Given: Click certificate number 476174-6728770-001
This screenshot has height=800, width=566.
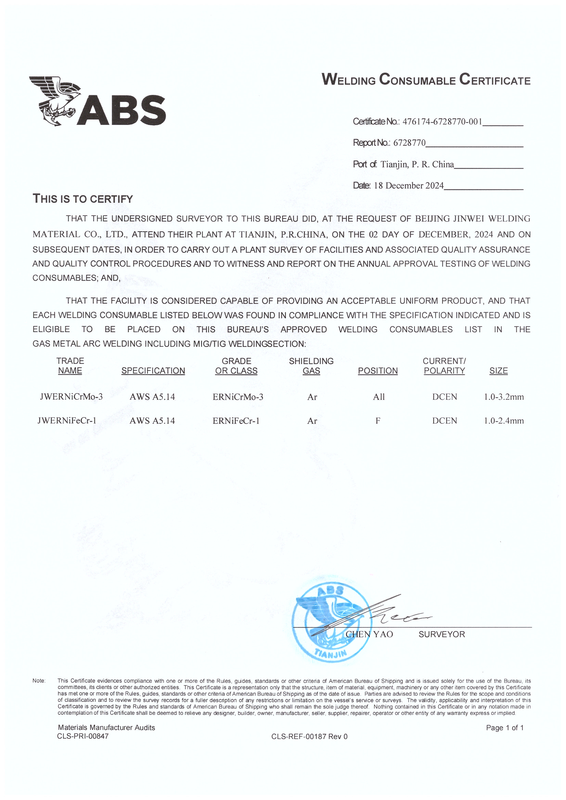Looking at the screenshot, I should click(x=442, y=121).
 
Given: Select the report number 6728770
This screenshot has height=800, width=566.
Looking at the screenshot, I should click(x=410, y=143).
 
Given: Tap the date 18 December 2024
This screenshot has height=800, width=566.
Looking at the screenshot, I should click(x=409, y=185).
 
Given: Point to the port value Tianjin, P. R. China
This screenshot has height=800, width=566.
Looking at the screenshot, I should click(x=417, y=164).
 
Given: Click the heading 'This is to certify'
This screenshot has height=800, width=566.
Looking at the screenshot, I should click(x=82, y=198).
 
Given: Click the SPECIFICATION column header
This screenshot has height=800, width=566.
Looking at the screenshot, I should click(x=153, y=371).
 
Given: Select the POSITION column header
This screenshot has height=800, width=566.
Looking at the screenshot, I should click(x=377, y=371).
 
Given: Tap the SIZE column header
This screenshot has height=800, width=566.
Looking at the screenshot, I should click(x=498, y=371).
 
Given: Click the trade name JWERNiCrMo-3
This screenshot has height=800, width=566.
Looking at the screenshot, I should click(x=71, y=397).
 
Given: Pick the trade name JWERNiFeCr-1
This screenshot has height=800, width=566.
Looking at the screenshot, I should click(x=67, y=421).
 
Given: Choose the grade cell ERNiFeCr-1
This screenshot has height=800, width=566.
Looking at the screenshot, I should click(x=236, y=421).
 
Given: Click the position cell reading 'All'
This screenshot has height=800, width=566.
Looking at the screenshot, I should click(x=378, y=397).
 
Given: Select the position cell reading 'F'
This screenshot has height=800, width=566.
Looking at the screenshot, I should click(x=377, y=421).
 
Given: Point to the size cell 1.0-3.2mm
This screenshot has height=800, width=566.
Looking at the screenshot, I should click(x=504, y=397).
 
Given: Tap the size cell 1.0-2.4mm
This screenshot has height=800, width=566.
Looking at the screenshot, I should click(x=504, y=421).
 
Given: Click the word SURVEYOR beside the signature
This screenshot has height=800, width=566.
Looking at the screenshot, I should click(x=441, y=634).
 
